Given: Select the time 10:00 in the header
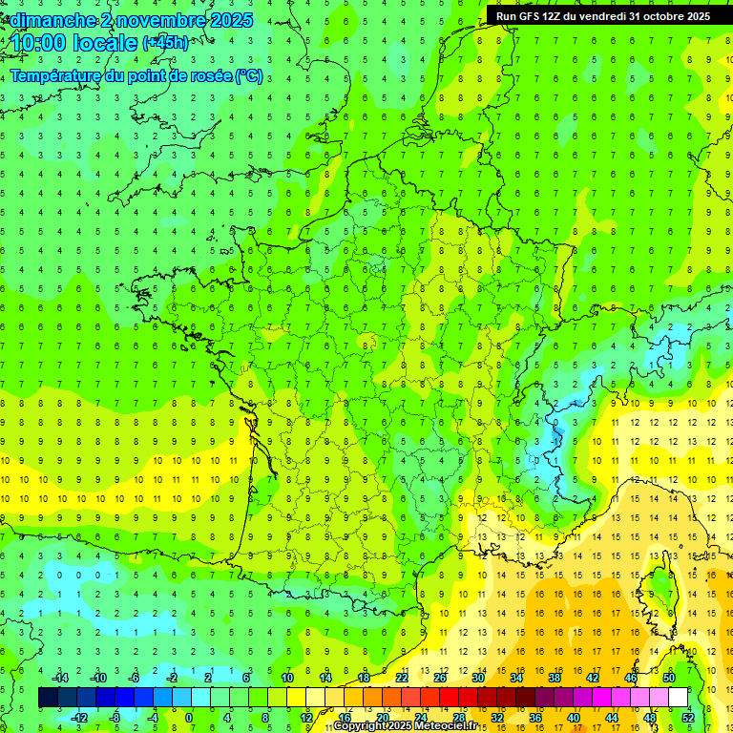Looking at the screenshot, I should point(46,43).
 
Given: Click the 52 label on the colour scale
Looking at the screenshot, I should point(687,718).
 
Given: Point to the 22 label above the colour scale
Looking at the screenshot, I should point(402,678).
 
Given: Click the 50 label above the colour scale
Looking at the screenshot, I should point(668,678).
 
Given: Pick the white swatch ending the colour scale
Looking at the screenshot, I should point(678,698).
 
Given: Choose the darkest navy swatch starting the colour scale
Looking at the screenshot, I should point(48,698).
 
